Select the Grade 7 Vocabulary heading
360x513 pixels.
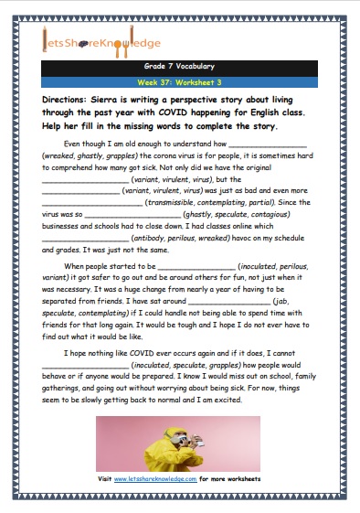(x=179, y=67)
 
